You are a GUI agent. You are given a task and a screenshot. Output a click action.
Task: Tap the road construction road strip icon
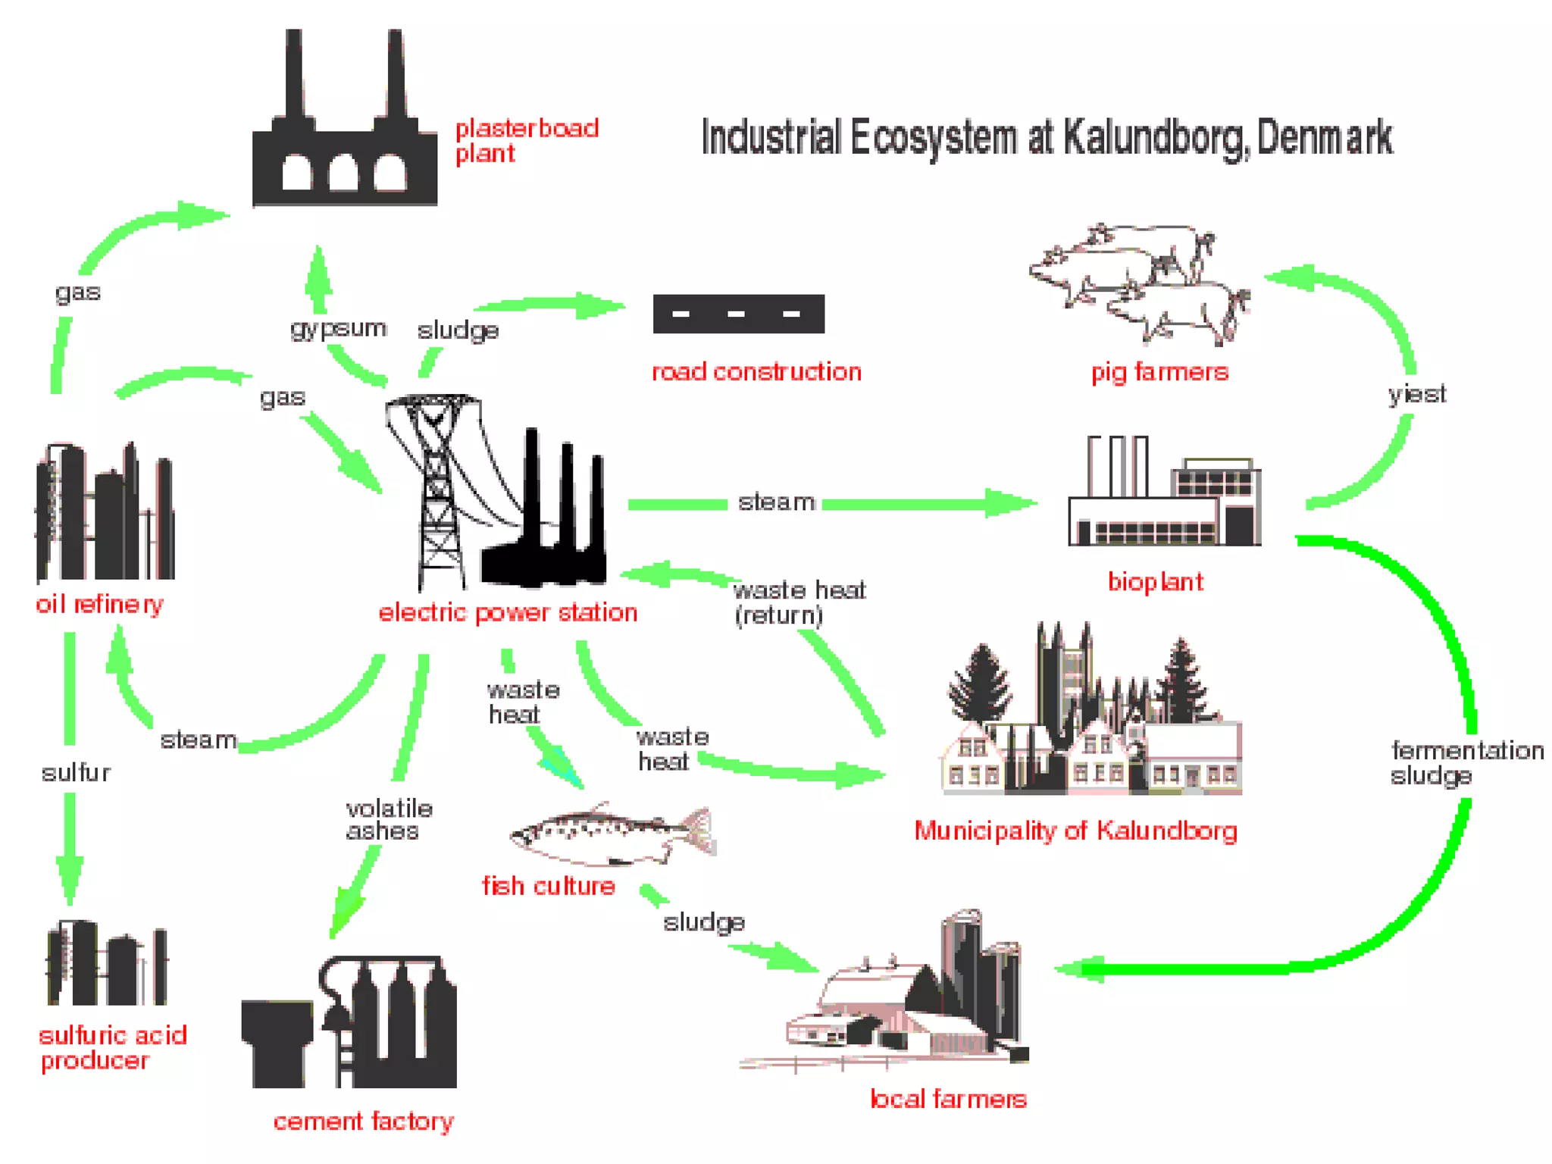click(x=738, y=314)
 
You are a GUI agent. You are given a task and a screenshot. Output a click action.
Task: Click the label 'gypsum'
click(x=338, y=329)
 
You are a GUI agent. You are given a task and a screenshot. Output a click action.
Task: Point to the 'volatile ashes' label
click(x=389, y=820)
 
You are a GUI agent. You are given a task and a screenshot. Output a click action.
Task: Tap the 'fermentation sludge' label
click(x=1466, y=762)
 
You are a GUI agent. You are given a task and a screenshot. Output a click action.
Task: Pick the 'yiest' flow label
click(x=1416, y=394)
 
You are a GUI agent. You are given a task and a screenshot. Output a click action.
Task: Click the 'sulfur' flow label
click(x=76, y=773)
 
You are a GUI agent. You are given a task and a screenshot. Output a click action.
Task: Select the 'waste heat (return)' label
click(x=799, y=602)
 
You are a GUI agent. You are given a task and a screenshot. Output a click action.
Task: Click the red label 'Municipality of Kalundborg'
click(x=1075, y=831)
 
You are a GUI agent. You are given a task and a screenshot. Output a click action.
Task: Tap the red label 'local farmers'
click(x=948, y=1099)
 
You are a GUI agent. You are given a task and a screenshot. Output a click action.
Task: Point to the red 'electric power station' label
click(x=508, y=612)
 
